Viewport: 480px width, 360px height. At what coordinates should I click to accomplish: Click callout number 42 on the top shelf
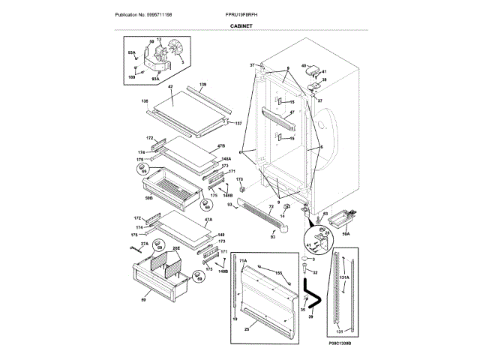(170, 88)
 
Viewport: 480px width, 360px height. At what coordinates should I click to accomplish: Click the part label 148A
(226, 159)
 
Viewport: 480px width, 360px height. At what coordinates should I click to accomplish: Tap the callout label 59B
(148, 198)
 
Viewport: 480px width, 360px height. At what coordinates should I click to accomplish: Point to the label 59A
(346, 234)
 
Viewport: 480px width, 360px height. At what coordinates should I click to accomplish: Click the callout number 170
(240, 179)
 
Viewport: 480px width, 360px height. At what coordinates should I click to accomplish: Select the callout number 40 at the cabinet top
(304, 67)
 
